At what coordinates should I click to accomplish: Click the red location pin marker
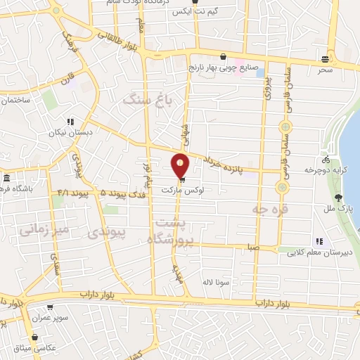pos(181,165)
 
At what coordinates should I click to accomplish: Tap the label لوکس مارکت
pos(182,191)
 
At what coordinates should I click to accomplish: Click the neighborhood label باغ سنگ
pos(147,99)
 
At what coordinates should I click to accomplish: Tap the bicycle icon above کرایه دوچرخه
pos(325,160)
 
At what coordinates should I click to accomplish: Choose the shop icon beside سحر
pos(324,59)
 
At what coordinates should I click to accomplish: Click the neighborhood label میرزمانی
pos(44,229)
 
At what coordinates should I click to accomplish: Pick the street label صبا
pos(252,247)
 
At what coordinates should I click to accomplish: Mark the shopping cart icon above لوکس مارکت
pos(183,180)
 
